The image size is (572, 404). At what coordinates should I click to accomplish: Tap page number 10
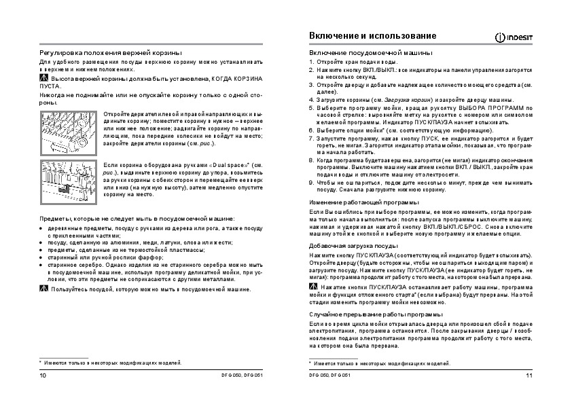click(43, 375)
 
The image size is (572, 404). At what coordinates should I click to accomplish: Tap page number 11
click(529, 375)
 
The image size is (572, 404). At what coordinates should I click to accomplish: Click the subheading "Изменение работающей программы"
click(363, 202)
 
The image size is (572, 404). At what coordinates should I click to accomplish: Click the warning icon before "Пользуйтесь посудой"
click(44, 289)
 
